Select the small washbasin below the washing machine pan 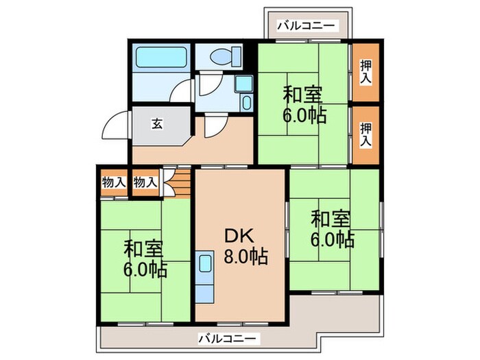(x=247, y=103)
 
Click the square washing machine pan (x=243, y=84)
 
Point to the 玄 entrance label (x=157, y=124)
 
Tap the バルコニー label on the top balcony (x=307, y=26)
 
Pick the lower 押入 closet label (x=366, y=134)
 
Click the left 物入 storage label (x=113, y=182)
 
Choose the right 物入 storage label (x=145, y=182)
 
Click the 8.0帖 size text (x=244, y=257)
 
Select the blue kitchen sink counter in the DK (x=205, y=277)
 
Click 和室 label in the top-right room (x=303, y=93)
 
